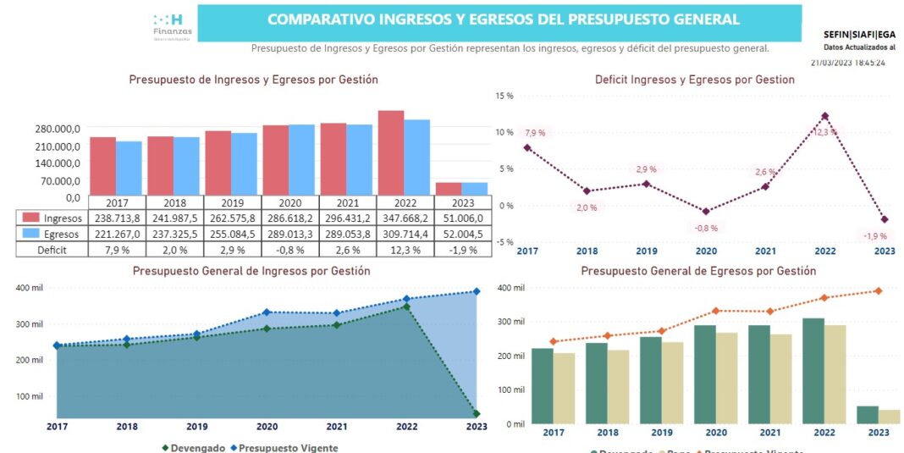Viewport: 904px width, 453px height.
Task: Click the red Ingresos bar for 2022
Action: click(390, 153)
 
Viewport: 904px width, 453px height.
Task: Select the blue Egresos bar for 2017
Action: click(129, 168)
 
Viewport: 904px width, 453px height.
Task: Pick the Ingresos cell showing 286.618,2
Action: click(289, 218)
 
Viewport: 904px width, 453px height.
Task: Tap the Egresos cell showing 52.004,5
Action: click(461, 234)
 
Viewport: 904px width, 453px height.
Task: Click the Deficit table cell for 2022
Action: click(404, 250)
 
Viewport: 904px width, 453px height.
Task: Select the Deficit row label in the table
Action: click(52, 250)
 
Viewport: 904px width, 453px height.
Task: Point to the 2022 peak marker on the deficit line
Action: click(824, 116)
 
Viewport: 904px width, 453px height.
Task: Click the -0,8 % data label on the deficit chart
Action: click(706, 228)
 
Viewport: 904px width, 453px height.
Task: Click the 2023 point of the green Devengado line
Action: click(477, 414)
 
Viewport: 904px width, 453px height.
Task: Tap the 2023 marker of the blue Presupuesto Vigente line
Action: click(477, 291)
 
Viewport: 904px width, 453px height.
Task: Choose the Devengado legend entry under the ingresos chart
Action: click(194, 447)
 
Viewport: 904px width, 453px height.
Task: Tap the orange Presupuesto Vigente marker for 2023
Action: click(878, 291)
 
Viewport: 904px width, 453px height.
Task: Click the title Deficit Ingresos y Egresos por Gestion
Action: click(695, 80)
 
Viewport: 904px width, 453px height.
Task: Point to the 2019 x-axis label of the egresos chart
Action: click(662, 433)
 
